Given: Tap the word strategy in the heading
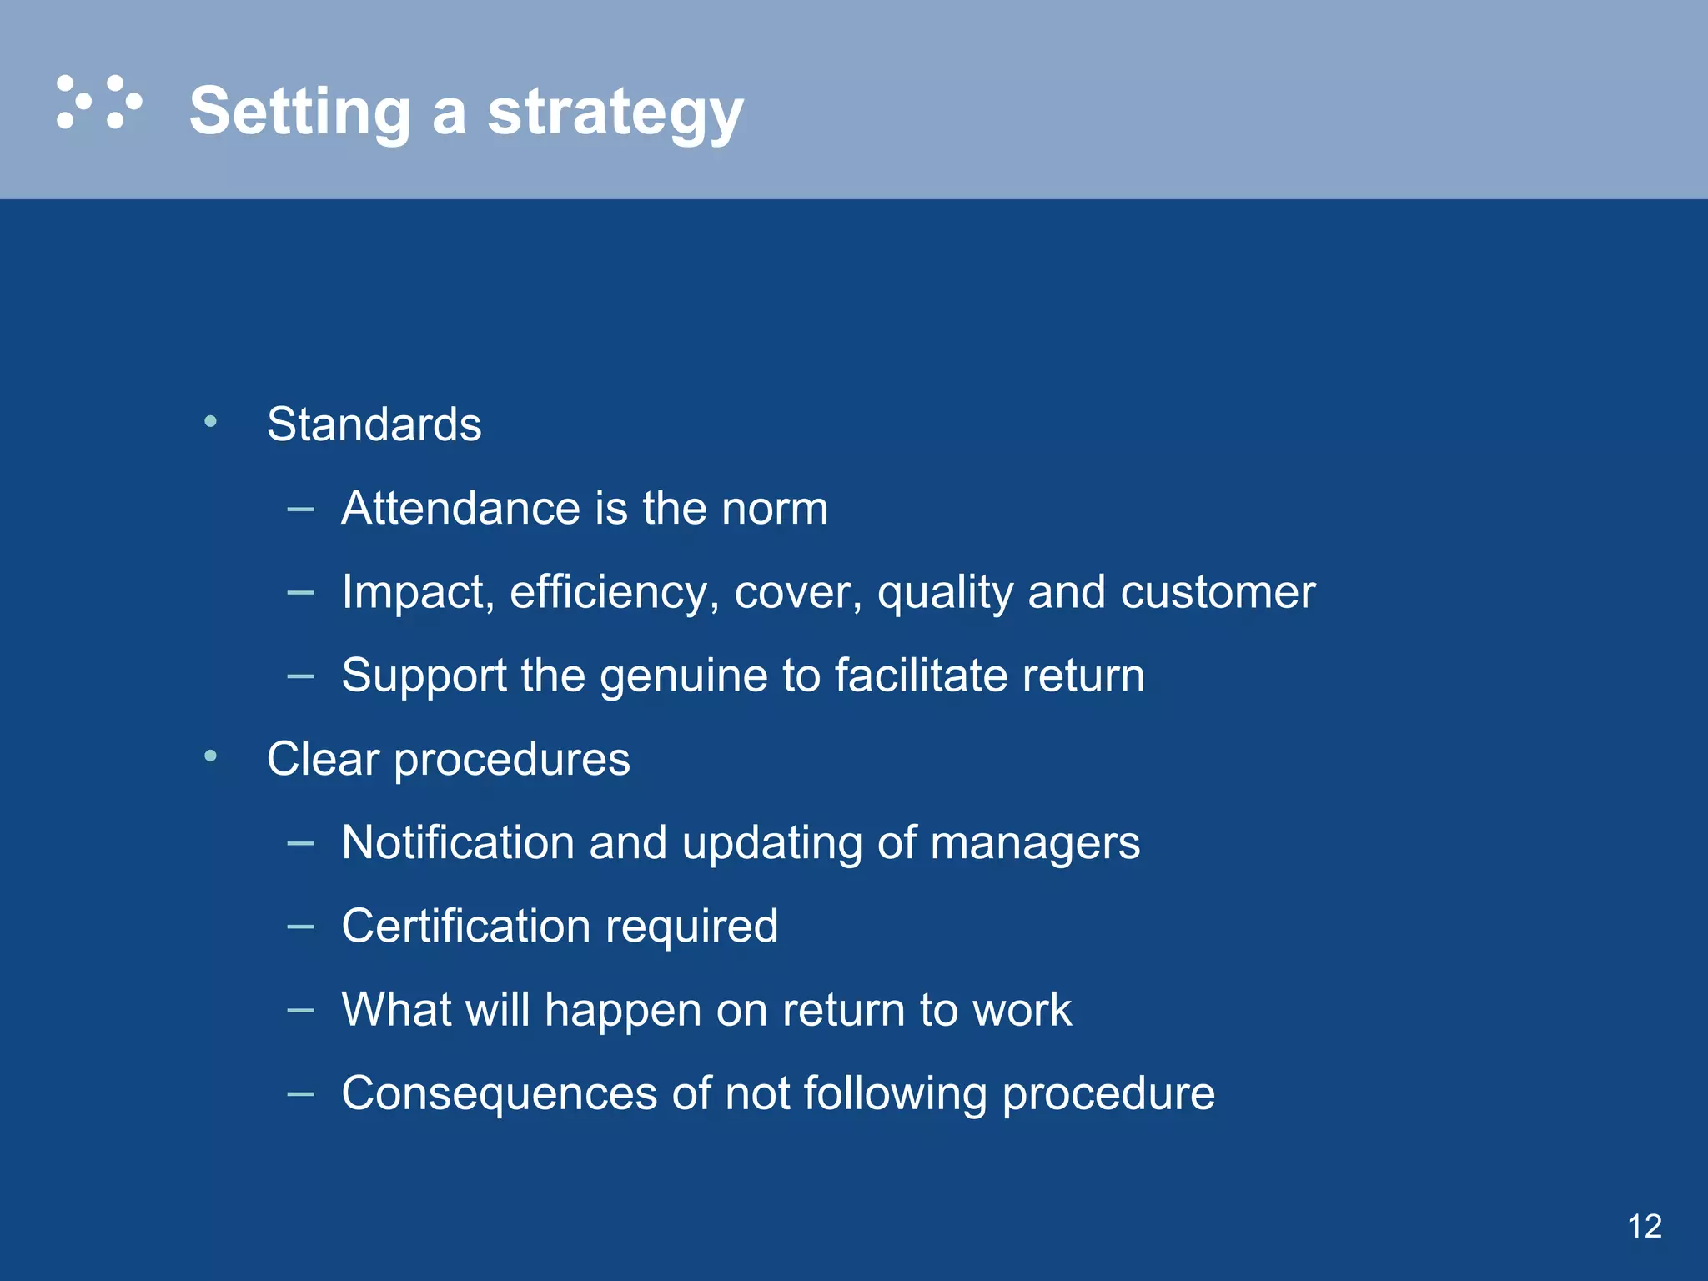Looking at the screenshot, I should pos(615,113).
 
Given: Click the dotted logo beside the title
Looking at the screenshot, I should pos(98,103).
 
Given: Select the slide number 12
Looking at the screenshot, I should pos(1644,1226).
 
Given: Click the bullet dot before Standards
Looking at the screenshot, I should pos(211,422).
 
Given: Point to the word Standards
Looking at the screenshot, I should pos(374,424).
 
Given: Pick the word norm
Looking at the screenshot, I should pos(775,508).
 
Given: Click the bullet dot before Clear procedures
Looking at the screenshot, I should pos(211,756).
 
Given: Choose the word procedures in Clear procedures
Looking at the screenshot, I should pos(511,760).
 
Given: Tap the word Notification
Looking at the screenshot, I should pos(457,842).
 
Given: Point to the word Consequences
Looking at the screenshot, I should pos(499,1093).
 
